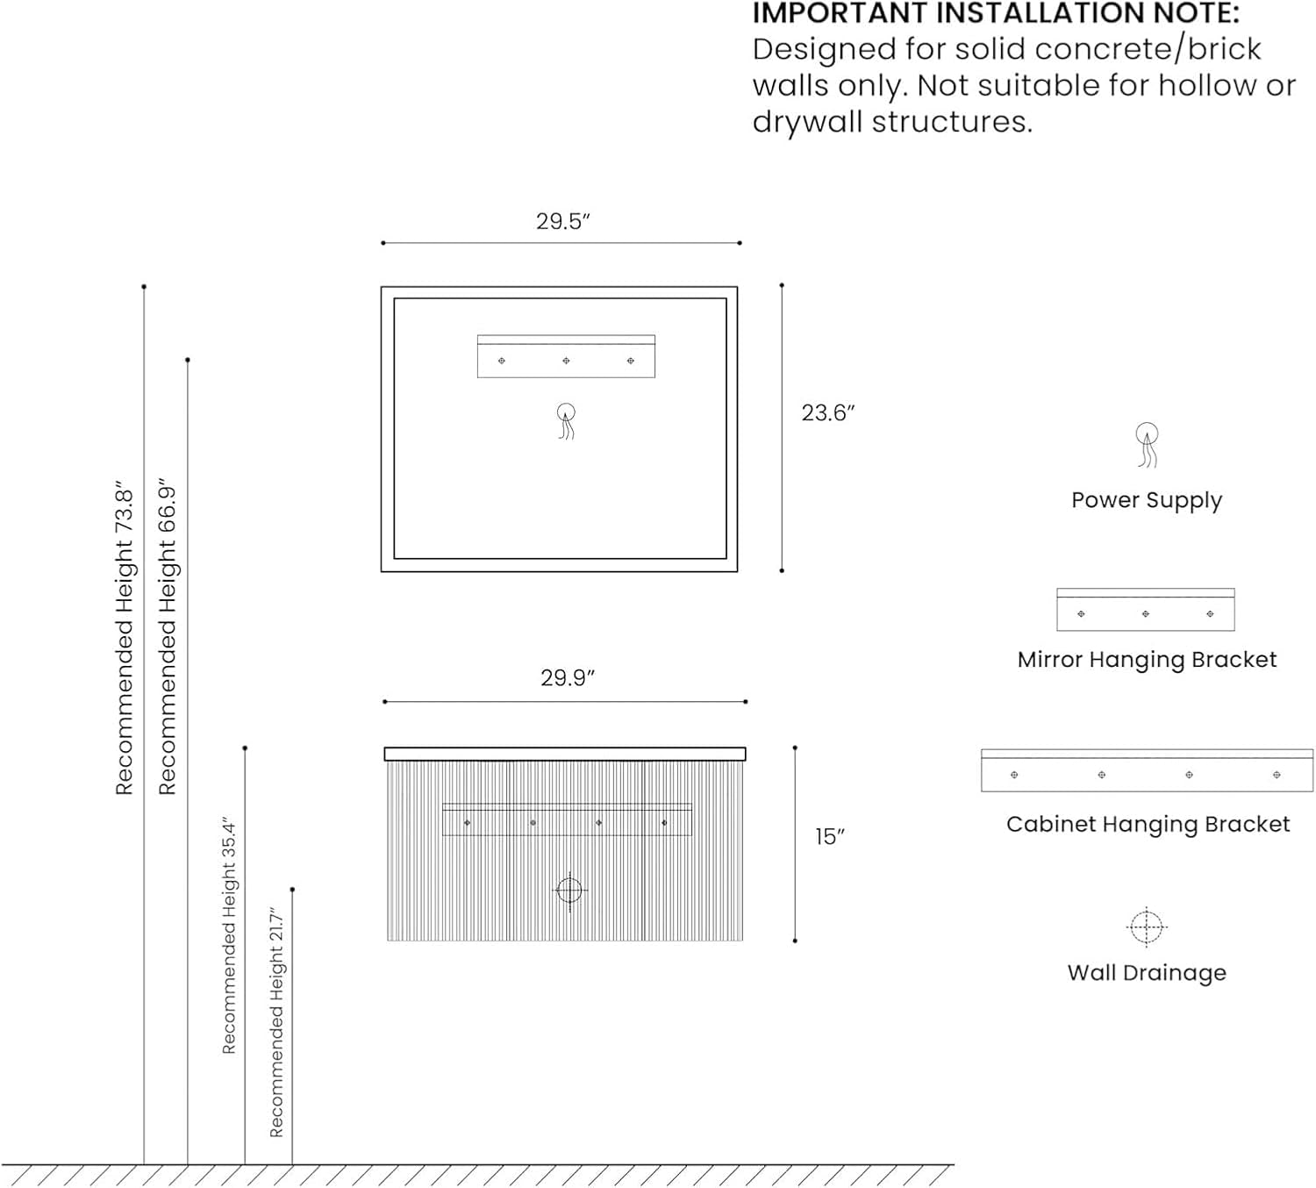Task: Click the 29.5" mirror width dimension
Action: click(x=563, y=221)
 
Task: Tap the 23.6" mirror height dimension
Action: click(x=828, y=413)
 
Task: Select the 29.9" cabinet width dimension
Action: click(x=568, y=678)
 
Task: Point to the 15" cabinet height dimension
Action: click(x=829, y=836)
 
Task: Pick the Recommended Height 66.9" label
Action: click(x=168, y=637)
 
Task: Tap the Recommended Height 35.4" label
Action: click(x=228, y=935)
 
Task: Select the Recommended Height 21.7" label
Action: click(x=276, y=1022)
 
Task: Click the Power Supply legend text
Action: click(x=1147, y=500)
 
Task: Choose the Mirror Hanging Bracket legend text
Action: click(x=1147, y=660)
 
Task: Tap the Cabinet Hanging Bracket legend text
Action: click(x=1148, y=825)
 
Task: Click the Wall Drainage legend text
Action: click(x=1147, y=973)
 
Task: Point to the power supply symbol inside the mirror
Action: click(x=566, y=421)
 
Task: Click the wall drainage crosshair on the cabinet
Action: click(x=569, y=891)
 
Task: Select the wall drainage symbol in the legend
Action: click(x=1146, y=927)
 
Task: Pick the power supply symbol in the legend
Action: click(x=1147, y=444)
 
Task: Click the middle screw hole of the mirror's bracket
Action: click(x=566, y=361)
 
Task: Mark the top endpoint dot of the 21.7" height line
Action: click(x=292, y=890)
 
